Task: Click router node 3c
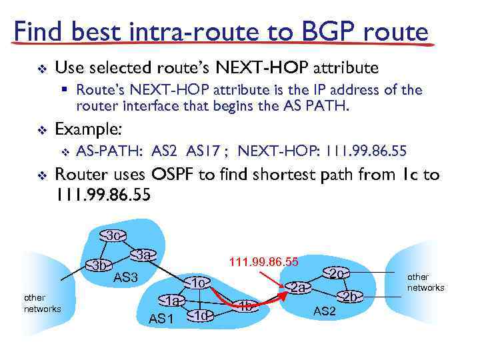pos(114,236)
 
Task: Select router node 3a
pos(143,255)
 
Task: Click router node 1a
pos(173,301)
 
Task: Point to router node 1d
pos(200,315)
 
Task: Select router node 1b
pos(246,306)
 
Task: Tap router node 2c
pos(337,273)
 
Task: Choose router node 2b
pos(350,296)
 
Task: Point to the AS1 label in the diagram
pos(161,319)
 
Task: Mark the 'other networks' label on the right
pos(425,282)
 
